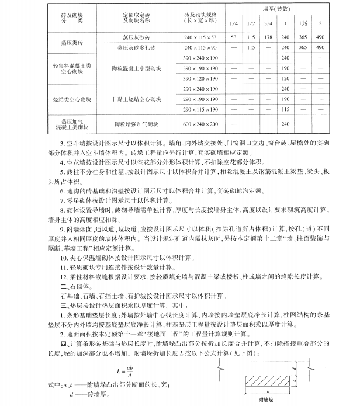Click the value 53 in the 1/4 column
coord(233,37)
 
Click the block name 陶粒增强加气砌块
coord(133,124)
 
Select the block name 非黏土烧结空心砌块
coord(133,98)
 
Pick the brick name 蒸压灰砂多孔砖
coord(133,47)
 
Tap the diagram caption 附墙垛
coord(275,400)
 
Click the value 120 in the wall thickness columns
coord(286,78)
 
